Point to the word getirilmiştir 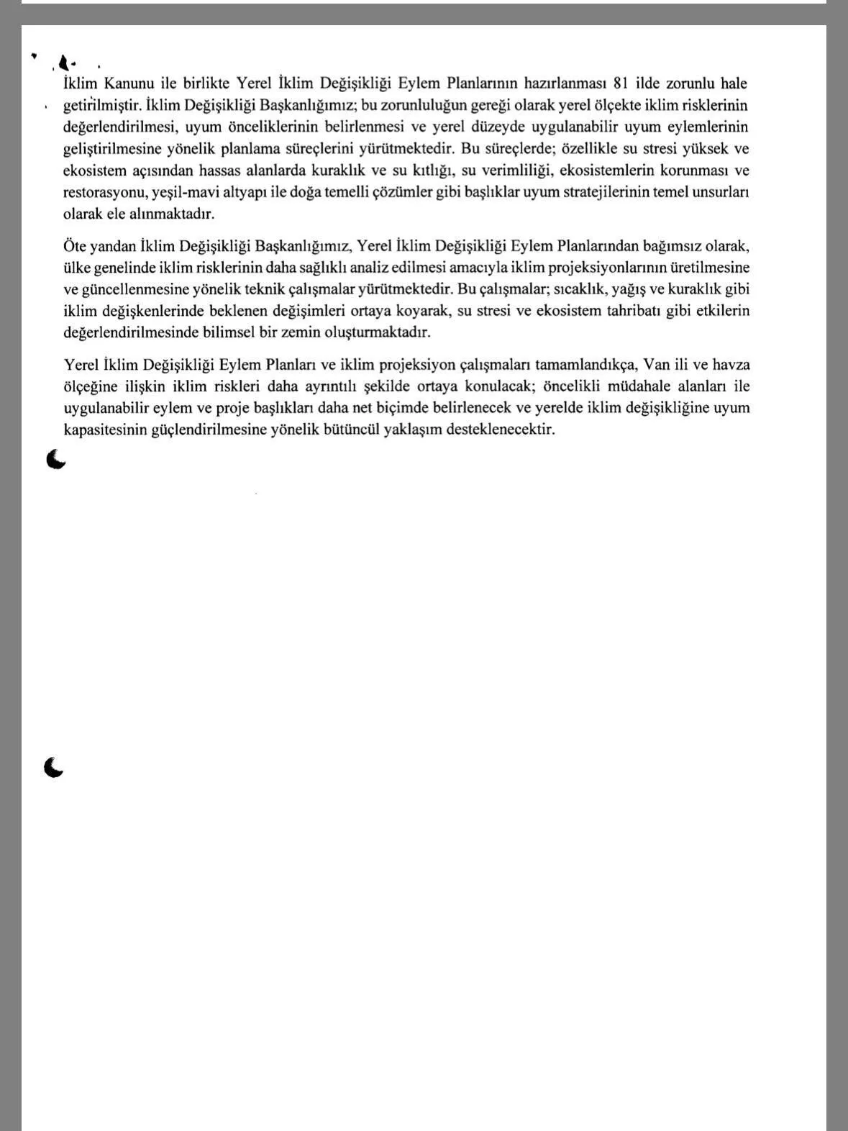click(101, 106)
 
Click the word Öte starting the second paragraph click(74, 246)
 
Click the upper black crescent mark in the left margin click(55, 459)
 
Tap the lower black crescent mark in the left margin click(53, 768)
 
